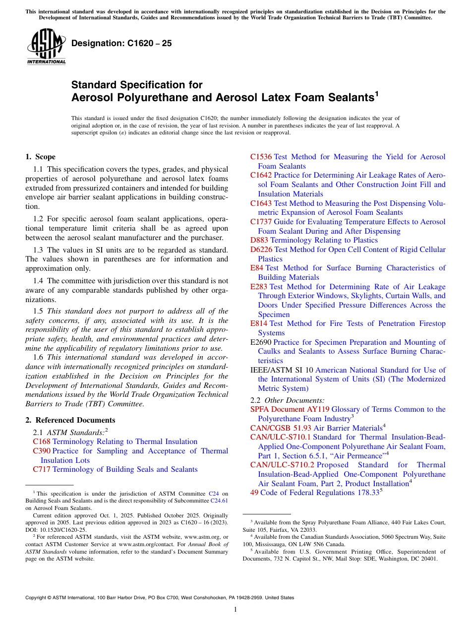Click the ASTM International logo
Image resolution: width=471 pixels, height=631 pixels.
coord(46,47)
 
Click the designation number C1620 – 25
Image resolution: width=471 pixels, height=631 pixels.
coord(121,43)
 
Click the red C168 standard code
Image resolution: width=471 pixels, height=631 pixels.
coord(42,442)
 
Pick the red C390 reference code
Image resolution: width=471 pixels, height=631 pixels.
coord(42,451)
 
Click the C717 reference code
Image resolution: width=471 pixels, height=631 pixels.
coord(42,469)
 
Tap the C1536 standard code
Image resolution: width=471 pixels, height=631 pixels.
coord(261,157)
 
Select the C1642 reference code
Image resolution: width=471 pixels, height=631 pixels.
coord(261,175)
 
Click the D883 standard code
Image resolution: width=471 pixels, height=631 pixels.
coord(259,240)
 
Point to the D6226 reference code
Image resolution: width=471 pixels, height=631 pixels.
coord(261,250)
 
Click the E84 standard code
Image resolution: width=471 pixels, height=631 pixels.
coord(257,268)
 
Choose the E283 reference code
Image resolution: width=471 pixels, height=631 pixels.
coord(259,287)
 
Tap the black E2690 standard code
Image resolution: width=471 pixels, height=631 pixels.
coord(261,342)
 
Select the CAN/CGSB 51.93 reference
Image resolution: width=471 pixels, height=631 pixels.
coord(281,428)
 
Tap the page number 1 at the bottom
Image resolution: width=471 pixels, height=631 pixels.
coord(235,610)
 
